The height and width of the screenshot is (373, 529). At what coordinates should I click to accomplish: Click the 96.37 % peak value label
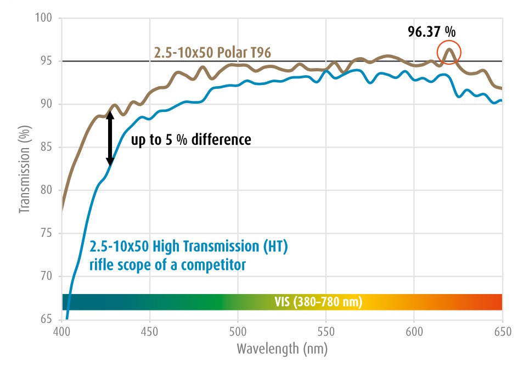(431, 32)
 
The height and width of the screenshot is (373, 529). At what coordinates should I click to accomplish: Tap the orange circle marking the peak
(449, 53)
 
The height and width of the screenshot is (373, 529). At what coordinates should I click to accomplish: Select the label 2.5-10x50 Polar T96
(211, 53)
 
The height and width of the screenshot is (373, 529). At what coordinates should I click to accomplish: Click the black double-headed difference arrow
(110, 138)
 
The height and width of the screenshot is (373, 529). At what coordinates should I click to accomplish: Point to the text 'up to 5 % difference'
(191, 140)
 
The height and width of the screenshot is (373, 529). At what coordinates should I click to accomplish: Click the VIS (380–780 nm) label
(318, 302)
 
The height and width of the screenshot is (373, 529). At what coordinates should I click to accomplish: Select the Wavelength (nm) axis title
(282, 348)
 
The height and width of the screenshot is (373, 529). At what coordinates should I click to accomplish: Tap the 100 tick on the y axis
(44, 19)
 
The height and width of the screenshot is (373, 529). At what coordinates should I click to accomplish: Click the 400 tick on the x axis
(61, 331)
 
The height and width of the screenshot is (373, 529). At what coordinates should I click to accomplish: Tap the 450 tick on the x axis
(150, 331)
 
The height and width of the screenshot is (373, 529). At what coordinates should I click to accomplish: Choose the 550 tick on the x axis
(326, 331)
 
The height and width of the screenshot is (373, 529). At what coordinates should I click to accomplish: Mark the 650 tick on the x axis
(502, 331)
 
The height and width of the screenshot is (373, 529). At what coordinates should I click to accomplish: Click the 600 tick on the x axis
(414, 331)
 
